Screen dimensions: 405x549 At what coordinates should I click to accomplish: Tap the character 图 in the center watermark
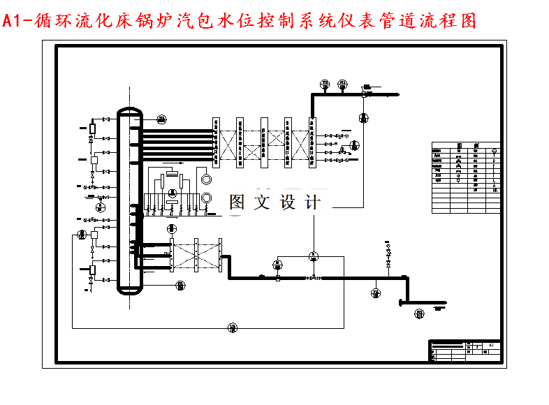(x=238, y=202)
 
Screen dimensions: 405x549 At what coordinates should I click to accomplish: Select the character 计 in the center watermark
(x=312, y=202)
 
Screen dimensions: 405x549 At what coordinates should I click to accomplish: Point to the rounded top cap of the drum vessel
(x=129, y=112)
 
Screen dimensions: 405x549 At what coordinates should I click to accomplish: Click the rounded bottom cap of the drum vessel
(x=129, y=287)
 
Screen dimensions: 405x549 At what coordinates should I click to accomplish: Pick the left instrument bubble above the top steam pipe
(x=325, y=85)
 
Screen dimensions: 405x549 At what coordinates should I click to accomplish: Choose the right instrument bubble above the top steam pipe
(x=342, y=85)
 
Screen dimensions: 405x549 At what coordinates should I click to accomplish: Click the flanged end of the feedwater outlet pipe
(x=400, y=302)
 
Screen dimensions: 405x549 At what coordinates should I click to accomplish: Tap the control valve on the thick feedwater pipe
(x=312, y=278)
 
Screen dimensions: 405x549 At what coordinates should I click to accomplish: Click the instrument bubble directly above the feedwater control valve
(x=312, y=256)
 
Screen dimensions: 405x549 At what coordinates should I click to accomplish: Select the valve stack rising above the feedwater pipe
(x=388, y=256)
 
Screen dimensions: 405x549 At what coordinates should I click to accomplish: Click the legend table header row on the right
(x=467, y=146)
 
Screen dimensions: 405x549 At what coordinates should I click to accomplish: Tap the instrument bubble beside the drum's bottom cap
(x=180, y=284)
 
